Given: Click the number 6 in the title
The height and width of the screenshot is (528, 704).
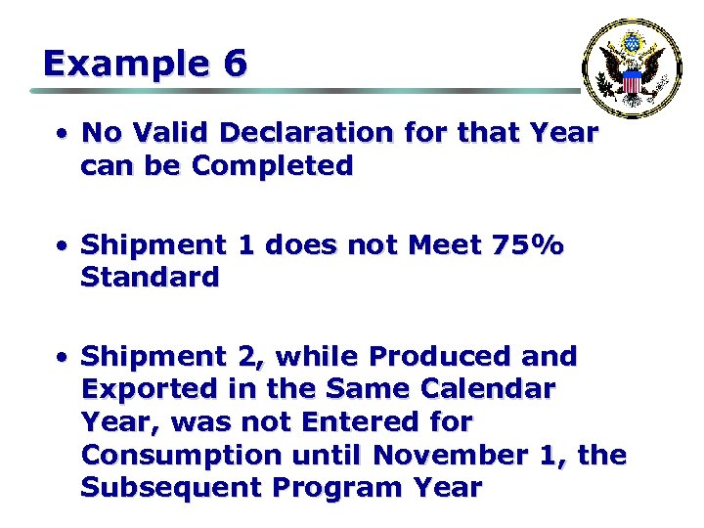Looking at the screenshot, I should point(235,65).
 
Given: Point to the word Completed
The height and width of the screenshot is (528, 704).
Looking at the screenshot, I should point(273,166).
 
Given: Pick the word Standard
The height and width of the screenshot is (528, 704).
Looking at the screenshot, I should point(150,278).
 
